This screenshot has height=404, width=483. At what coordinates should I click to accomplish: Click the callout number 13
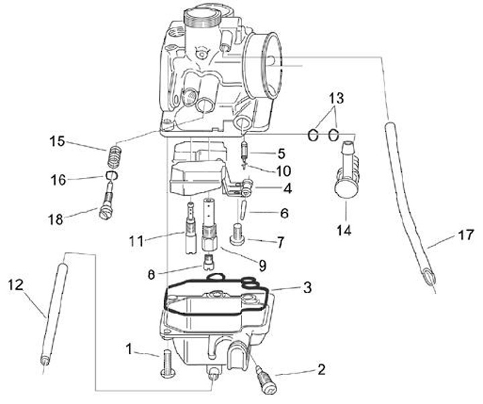(336, 99)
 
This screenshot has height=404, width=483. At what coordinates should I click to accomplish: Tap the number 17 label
(466, 235)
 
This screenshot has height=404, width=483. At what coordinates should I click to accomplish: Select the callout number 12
(16, 285)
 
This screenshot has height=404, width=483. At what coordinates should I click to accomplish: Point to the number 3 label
(307, 287)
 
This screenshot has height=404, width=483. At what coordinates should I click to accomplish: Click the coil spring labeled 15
(115, 156)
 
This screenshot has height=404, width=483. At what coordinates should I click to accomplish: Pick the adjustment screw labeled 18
(107, 200)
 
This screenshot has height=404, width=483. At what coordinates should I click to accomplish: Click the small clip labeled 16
(111, 176)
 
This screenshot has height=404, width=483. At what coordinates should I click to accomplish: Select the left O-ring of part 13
(313, 136)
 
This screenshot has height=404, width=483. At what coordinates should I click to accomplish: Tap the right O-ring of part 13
(333, 135)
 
